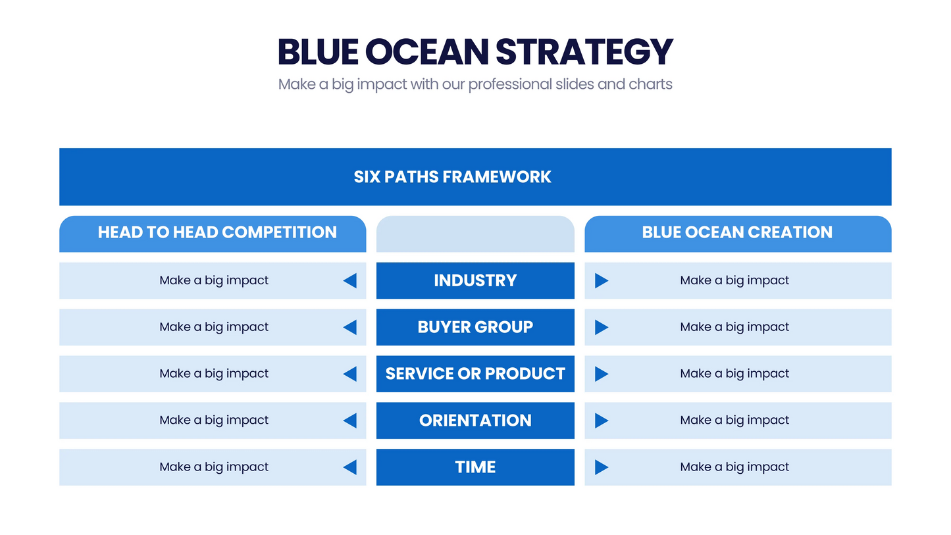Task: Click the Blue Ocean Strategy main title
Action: [475, 51]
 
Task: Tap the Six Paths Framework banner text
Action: [452, 176]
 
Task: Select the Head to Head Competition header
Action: [217, 232]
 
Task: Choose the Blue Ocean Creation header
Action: [737, 232]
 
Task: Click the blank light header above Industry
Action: [475, 234]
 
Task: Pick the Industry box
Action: [475, 280]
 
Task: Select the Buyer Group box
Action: [475, 327]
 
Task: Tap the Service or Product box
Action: [475, 374]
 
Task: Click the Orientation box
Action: [475, 420]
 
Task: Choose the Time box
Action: [475, 467]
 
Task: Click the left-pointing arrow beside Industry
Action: [350, 280]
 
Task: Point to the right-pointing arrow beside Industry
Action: [601, 280]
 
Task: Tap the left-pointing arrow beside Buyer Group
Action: [350, 327]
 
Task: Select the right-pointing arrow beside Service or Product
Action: [601, 374]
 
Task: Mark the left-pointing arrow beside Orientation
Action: [350, 420]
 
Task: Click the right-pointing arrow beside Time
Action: [601, 467]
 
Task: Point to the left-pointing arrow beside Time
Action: [350, 467]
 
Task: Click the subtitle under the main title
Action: [475, 84]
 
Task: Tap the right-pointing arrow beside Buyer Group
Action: [601, 327]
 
